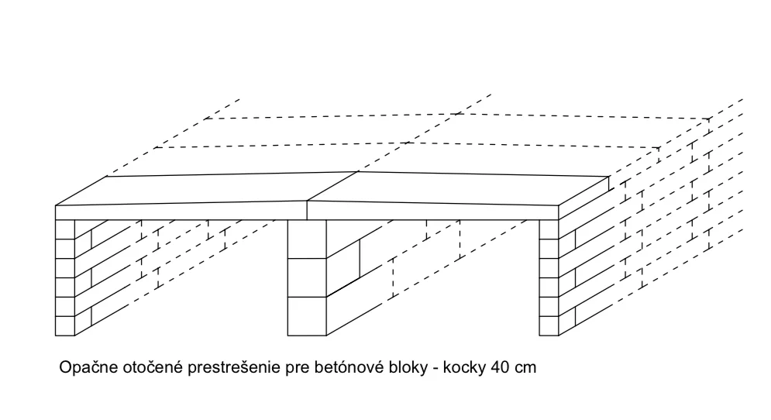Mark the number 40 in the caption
(501, 367)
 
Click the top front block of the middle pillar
(307, 239)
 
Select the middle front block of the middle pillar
(307, 277)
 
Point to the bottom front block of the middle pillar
(307, 316)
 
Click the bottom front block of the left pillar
(65, 326)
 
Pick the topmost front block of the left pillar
(65, 229)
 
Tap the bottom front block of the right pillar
(549, 326)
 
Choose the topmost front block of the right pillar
(549, 229)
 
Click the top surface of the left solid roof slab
(207, 189)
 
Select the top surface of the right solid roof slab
(457, 188)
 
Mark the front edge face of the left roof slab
(181, 212)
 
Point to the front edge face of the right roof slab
(432, 212)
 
